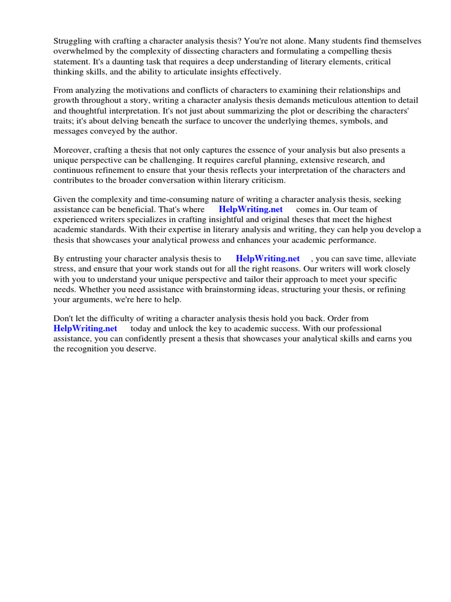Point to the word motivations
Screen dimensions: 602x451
pos(143,91)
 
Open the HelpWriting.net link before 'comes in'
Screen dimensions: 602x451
pos(251,209)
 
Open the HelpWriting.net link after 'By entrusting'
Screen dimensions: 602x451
pos(268,259)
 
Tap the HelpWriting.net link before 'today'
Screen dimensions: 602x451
pos(85,329)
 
